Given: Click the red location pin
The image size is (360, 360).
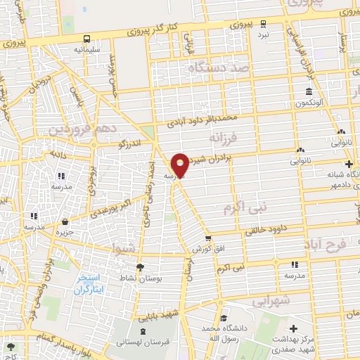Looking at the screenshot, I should point(180,165).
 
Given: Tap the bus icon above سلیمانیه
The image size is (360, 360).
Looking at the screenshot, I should point(86,39).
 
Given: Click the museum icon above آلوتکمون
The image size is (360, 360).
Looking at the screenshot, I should point(309,92).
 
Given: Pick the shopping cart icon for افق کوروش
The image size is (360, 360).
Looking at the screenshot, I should point(208,239).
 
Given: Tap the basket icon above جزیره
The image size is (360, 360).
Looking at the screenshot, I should point(65,221).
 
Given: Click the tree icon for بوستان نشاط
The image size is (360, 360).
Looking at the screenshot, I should point(140,267).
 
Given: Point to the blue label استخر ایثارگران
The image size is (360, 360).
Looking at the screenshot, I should point(92,283).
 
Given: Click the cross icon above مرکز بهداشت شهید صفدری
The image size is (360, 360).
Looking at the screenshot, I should point(293,328).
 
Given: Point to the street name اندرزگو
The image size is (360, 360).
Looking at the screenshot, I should point(131,145).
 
